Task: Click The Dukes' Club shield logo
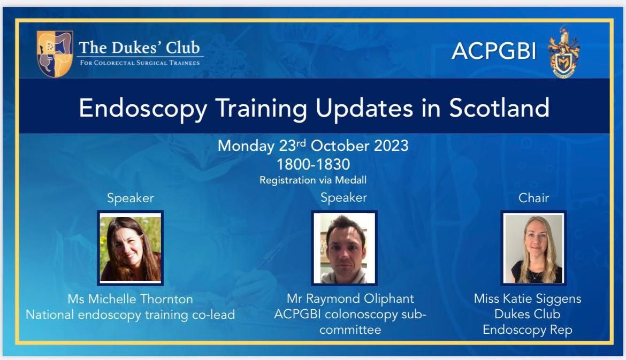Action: [x=55, y=53]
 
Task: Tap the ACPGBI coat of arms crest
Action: [x=564, y=52]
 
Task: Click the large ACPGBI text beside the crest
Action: [x=494, y=51]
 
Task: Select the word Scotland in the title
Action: [x=499, y=108]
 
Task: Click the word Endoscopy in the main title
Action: [x=143, y=109]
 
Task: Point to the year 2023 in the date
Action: [x=391, y=145]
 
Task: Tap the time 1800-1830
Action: [x=314, y=164]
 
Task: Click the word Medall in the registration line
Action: [x=350, y=180]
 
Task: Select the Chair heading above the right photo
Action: [x=533, y=197]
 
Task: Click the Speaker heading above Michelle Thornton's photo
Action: [x=130, y=198]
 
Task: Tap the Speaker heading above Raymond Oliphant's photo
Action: [x=343, y=197]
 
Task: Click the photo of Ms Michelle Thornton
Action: [x=131, y=248]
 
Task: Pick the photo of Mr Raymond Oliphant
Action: [x=344, y=248]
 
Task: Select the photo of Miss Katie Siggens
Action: [x=533, y=248]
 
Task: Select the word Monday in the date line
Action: [x=246, y=146]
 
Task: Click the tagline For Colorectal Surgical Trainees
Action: [x=140, y=63]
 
